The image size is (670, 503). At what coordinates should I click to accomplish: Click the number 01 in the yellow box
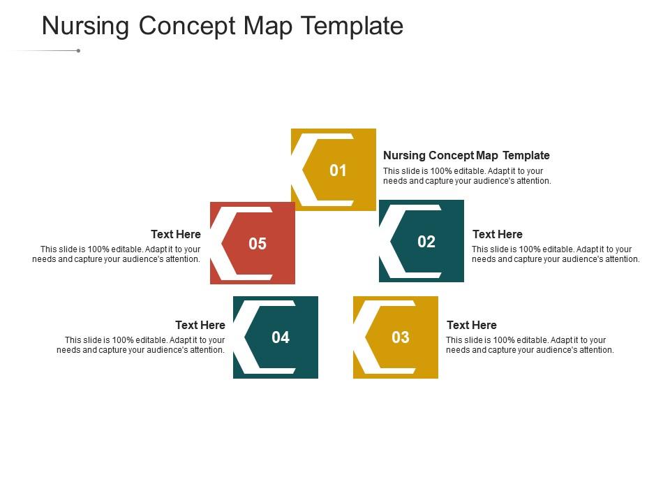(x=338, y=170)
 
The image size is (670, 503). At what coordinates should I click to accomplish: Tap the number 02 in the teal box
(x=426, y=242)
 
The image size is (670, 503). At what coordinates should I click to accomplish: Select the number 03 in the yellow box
(x=400, y=337)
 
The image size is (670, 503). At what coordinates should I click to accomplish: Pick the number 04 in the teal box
(x=280, y=337)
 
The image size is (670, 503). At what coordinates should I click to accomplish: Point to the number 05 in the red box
(x=258, y=244)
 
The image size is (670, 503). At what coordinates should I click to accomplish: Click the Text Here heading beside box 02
(x=497, y=234)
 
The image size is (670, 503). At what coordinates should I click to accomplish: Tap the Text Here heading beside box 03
(x=471, y=325)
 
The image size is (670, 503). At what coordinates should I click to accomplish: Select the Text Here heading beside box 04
(x=200, y=325)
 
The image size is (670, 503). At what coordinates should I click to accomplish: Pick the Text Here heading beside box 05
(x=175, y=234)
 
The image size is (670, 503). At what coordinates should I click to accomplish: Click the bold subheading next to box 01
(x=466, y=155)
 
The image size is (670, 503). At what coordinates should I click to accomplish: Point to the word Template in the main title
(x=353, y=26)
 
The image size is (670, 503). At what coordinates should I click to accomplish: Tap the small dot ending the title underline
(x=78, y=50)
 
